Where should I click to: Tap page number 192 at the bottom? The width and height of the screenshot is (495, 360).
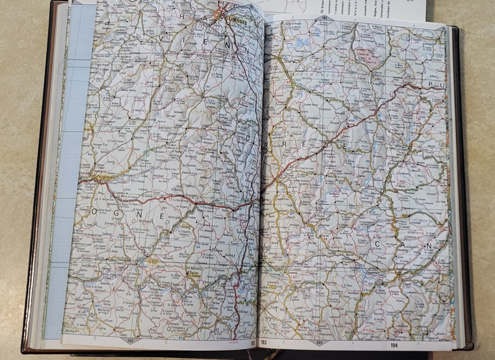[252, 342]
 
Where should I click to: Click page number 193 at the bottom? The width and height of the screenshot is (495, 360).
[263, 342]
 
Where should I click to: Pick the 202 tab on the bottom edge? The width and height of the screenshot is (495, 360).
[130, 340]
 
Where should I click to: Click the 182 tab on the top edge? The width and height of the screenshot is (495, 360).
[325, 18]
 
